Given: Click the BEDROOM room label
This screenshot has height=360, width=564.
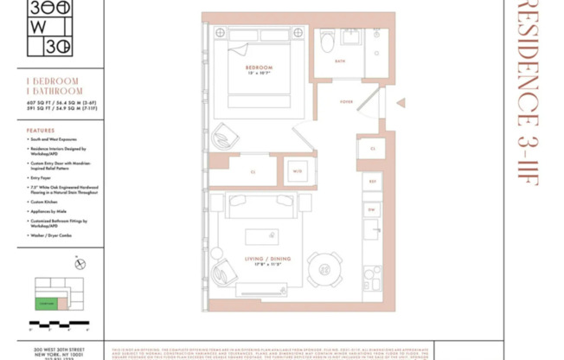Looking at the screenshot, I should coord(259,67).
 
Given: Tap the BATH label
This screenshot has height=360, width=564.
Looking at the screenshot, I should coord(339,61).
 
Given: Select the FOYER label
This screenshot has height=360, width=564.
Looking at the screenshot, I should coord(346,102).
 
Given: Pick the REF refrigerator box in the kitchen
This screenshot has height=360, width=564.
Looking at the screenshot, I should coord(373,182).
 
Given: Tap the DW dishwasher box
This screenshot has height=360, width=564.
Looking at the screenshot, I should coord(371,209).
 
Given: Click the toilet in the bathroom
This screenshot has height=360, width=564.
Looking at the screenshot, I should coord(327,40).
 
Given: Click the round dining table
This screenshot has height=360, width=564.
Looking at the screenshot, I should coord(324,269).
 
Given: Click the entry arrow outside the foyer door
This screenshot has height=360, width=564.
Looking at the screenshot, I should coord(401,103).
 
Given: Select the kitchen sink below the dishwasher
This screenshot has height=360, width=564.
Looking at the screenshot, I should coord(371,230).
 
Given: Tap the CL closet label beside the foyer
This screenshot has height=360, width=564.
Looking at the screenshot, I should coord(373,149).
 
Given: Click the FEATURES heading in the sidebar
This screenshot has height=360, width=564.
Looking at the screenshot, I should coord(41,131).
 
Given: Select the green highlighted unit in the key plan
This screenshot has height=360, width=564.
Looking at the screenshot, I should coord(45,304).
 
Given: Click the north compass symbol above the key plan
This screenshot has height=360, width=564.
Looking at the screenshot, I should coord(80,263).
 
